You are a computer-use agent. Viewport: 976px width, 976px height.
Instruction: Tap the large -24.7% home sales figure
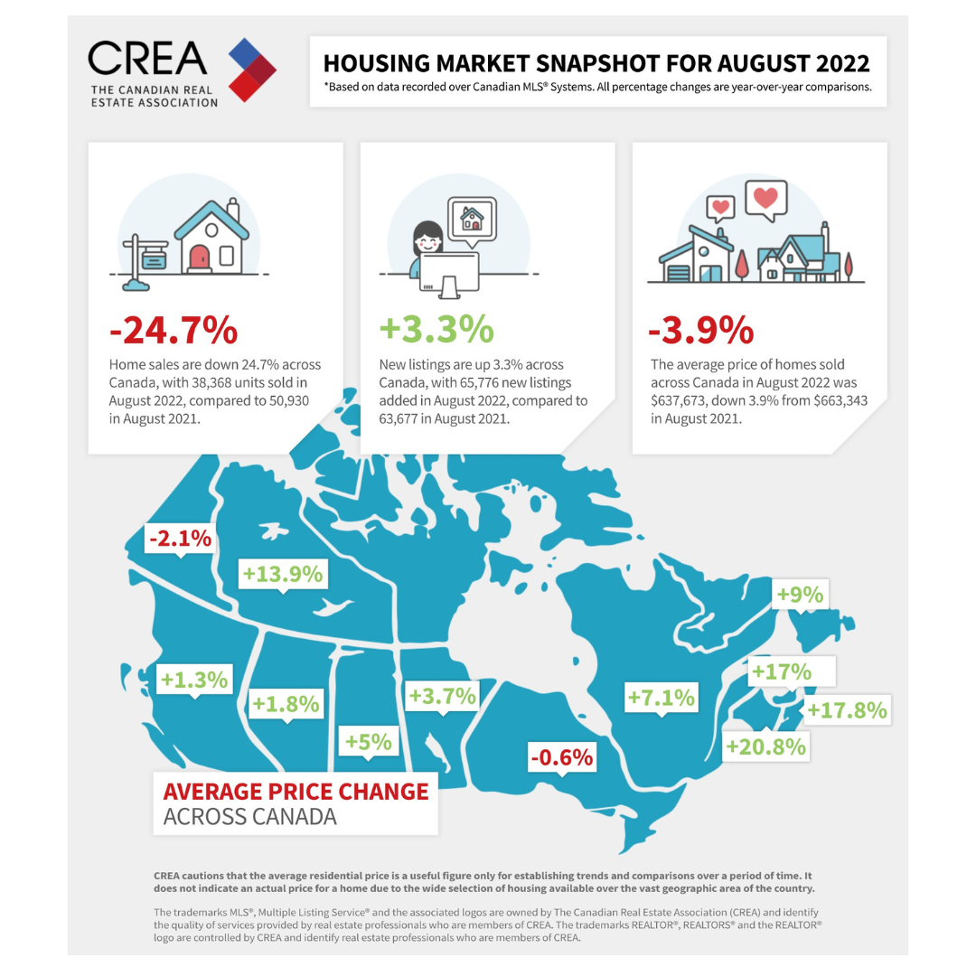tap(174, 330)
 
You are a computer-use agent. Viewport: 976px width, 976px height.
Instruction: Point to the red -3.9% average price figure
tap(700, 330)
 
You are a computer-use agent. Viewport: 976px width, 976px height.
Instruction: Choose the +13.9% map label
tap(282, 574)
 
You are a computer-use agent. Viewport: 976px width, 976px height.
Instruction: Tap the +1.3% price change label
tap(194, 679)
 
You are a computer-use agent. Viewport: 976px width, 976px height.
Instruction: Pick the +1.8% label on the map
tap(286, 702)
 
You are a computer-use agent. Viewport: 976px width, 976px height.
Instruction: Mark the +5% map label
tap(369, 742)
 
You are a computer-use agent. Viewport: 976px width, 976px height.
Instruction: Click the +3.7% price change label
tap(442, 696)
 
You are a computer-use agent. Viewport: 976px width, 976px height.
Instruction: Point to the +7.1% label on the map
tap(662, 697)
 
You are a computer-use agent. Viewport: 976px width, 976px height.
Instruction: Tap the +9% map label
tap(800, 594)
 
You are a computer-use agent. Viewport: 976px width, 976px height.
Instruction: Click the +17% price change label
tap(781, 672)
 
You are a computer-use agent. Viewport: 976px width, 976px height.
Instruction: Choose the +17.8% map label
tap(847, 709)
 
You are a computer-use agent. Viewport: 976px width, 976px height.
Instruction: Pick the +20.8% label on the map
tap(765, 747)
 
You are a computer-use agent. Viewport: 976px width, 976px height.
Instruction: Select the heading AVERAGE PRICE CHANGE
tap(296, 792)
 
